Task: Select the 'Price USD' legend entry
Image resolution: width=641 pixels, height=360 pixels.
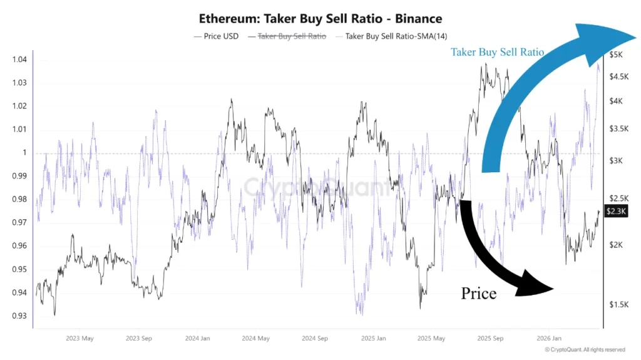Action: [216, 36]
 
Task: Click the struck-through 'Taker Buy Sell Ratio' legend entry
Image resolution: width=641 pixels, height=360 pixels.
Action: [292, 36]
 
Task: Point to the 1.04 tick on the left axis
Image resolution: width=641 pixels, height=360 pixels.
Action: [19, 59]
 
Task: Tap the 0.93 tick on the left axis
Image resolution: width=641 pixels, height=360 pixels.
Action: [19, 316]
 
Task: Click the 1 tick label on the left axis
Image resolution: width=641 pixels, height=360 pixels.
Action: [24, 153]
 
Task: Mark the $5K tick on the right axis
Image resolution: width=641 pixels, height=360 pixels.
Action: [617, 55]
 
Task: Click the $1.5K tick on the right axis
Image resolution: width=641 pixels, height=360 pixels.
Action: [618, 304]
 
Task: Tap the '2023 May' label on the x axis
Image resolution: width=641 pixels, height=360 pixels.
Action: [79, 339]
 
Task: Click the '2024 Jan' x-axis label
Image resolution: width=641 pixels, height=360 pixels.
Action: [197, 339]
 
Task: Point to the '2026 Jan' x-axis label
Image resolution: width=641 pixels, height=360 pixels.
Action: [551, 339]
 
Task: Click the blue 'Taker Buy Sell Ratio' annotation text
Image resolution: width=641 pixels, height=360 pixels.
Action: [497, 52]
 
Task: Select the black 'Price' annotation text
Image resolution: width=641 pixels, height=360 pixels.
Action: [479, 292]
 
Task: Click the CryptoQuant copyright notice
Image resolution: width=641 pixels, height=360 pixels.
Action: [584, 350]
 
